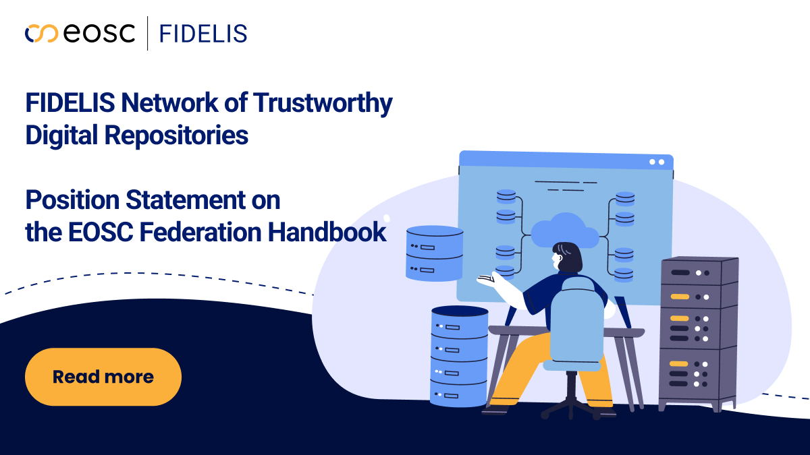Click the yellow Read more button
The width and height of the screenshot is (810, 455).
pos(103,377)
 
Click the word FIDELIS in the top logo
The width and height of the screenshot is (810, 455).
pos(203,33)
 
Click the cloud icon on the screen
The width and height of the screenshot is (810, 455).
pos(564,231)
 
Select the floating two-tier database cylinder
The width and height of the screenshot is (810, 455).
pos(434,253)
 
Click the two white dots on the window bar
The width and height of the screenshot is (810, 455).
pos(656,162)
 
